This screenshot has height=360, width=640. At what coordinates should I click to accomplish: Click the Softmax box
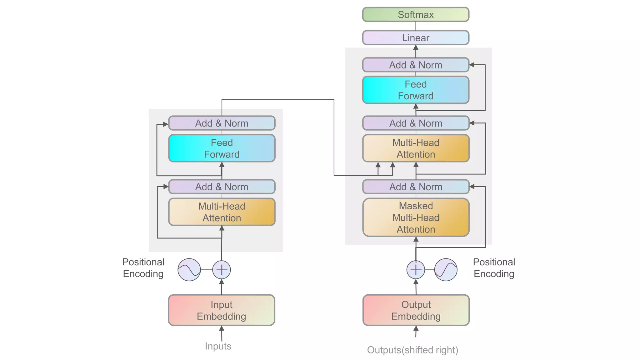point(416,15)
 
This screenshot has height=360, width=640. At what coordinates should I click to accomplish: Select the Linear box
point(416,38)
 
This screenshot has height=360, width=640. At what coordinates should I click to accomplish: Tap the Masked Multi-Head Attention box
point(416,217)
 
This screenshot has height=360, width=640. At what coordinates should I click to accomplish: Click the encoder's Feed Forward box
point(222,148)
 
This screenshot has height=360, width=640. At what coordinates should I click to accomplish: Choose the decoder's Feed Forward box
point(416,90)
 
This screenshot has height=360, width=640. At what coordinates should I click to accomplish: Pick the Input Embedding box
point(222,310)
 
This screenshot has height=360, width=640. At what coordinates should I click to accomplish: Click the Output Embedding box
point(416,310)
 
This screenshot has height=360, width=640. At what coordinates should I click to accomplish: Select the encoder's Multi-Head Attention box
point(222,212)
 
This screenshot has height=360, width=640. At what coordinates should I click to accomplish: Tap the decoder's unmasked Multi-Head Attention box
point(416,148)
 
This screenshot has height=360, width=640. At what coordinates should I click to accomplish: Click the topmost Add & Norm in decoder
point(416,65)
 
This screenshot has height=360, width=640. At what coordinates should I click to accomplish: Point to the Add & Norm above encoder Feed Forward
point(222,123)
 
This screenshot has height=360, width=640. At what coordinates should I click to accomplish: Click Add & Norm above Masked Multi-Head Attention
point(416,187)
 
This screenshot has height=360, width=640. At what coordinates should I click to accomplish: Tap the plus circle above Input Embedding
point(222,270)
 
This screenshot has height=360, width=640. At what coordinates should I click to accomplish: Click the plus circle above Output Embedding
point(416,270)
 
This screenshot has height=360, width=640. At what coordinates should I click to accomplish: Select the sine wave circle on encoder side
point(189,270)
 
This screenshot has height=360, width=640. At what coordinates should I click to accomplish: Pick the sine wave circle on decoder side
point(446,270)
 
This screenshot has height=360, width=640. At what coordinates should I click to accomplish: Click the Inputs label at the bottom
point(218,346)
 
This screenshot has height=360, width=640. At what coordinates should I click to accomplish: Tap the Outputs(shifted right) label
point(412,350)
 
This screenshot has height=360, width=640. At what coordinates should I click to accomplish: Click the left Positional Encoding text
point(143,268)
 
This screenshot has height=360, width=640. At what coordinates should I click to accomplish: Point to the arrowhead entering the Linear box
point(416,47)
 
